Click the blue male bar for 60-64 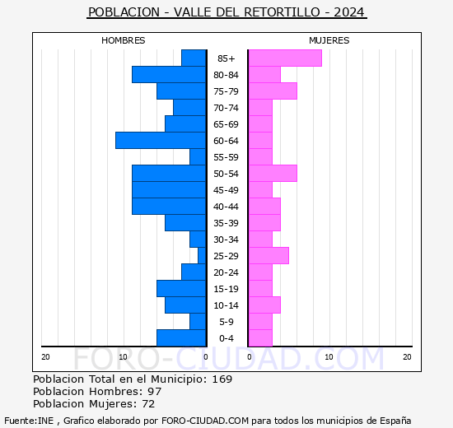[x=161, y=141]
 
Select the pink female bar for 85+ [x=284, y=58]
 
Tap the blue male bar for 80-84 [x=169, y=75]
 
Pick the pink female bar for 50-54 [x=272, y=174]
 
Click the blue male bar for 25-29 [x=202, y=256]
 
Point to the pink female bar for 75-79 [x=272, y=91]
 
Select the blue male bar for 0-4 [x=181, y=338]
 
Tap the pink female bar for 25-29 [x=268, y=256]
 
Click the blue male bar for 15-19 [x=181, y=289]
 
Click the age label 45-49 [x=226, y=190]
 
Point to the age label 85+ [x=226, y=58]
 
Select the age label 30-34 [x=226, y=240]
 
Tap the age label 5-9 [x=226, y=322]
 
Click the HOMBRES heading [x=124, y=40]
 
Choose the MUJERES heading [x=329, y=40]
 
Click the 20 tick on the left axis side [x=45, y=356]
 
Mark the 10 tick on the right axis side [x=329, y=356]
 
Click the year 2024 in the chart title [x=348, y=13]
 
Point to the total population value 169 [x=222, y=379]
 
